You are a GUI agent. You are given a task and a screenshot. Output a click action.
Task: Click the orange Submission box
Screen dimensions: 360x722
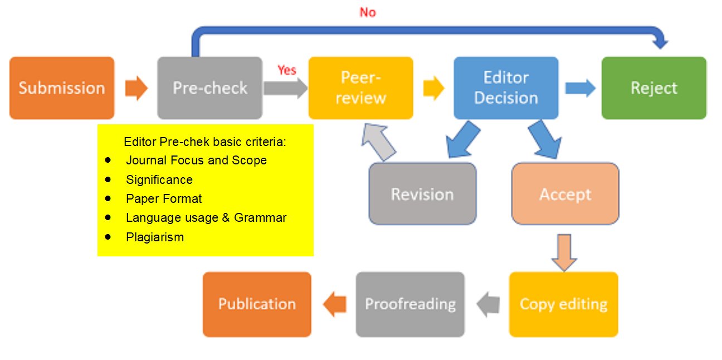click(62, 88)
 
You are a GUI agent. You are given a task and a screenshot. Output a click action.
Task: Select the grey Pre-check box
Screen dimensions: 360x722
click(209, 88)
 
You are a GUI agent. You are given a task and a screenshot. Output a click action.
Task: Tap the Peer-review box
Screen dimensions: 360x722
click(360, 88)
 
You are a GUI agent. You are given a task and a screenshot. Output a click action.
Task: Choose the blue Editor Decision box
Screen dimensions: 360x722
click(506, 88)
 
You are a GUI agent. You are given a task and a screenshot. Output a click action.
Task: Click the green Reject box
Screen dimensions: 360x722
click(653, 88)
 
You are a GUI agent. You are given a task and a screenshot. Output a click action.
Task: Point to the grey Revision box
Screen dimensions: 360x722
click(422, 194)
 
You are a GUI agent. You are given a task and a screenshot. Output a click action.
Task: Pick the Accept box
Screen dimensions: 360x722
click(565, 194)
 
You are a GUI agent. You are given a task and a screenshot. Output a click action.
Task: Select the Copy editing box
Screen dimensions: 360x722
click(563, 304)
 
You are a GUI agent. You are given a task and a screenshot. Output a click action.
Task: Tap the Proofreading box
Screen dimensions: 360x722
click(410, 304)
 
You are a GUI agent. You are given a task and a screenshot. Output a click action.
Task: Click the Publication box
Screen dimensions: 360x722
click(257, 304)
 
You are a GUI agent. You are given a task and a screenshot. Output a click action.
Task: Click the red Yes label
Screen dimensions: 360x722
click(287, 70)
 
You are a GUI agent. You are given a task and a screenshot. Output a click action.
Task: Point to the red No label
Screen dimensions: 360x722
click(368, 12)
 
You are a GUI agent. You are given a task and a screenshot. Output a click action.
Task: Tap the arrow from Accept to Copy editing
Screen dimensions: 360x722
click(564, 252)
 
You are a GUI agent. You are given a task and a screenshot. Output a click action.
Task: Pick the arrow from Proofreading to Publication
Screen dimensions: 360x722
click(334, 304)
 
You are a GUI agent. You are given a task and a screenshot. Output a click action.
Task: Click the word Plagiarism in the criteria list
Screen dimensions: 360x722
click(155, 237)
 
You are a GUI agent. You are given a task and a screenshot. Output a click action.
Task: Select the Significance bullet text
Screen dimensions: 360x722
click(159, 179)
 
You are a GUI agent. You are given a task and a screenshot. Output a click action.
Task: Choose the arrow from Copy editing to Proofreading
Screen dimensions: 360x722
click(487, 304)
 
